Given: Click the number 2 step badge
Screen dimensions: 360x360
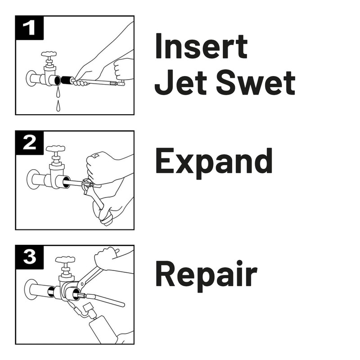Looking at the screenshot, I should pyautogui.click(x=30, y=143).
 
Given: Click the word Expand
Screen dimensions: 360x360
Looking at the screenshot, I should pyautogui.click(x=213, y=162).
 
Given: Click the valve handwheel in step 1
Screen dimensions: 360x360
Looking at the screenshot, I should pyautogui.click(x=49, y=54).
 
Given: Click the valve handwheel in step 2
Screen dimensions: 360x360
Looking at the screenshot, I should pyautogui.click(x=55, y=149).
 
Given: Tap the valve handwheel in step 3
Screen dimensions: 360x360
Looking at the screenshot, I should pyautogui.click(x=65, y=260).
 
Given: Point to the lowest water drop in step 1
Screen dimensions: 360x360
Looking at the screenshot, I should pyautogui.click(x=58, y=107).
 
